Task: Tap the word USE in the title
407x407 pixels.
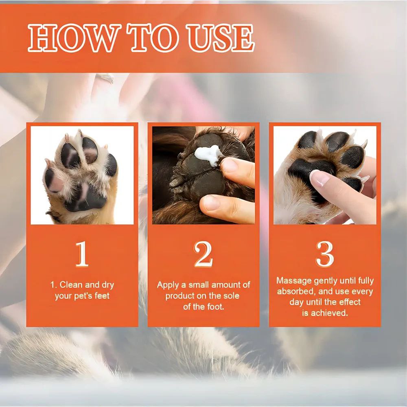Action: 221,38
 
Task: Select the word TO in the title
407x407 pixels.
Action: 154,38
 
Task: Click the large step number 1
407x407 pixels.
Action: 82,254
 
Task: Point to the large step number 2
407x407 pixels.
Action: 203,254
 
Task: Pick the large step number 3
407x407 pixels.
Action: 324,254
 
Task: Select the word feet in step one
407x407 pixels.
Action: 102,295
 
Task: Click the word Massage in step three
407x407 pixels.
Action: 294,281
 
